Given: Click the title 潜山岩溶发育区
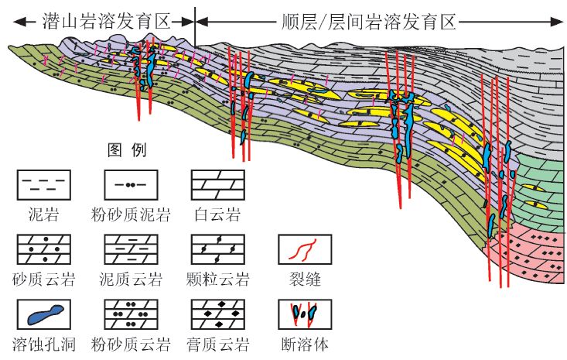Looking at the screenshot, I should tap(105, 18).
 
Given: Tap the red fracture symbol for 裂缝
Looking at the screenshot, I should tap(305, 249).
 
